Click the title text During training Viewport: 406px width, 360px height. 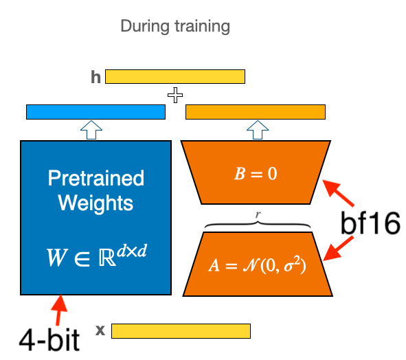pyautogui.click(x=175, y=27)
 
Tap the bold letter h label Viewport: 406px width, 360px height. pyautogui.click(x=95, y=76)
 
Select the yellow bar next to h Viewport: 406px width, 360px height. pyautogui.click(x=175, y=76)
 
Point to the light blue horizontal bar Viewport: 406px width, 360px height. pyautogui.click(x=95, y=111)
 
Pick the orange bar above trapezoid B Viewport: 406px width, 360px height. pyautogui.click(x=255, y=111)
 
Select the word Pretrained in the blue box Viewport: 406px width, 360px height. pyautogui.click(x=96, y=179)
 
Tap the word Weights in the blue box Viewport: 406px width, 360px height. pyautogui.click(x=96, y=203)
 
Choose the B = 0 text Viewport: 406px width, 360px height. pyautogui.click(x=255, y=174)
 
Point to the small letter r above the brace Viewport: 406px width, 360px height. pyautogui.click(x=256, y=214)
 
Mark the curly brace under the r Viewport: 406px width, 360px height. pyautogui.click(x=256, y=223)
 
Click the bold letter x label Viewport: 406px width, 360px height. pyautogui.click(x=100, y=330)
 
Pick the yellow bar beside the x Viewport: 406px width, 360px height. pyautogui.click(x=181, y=331)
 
